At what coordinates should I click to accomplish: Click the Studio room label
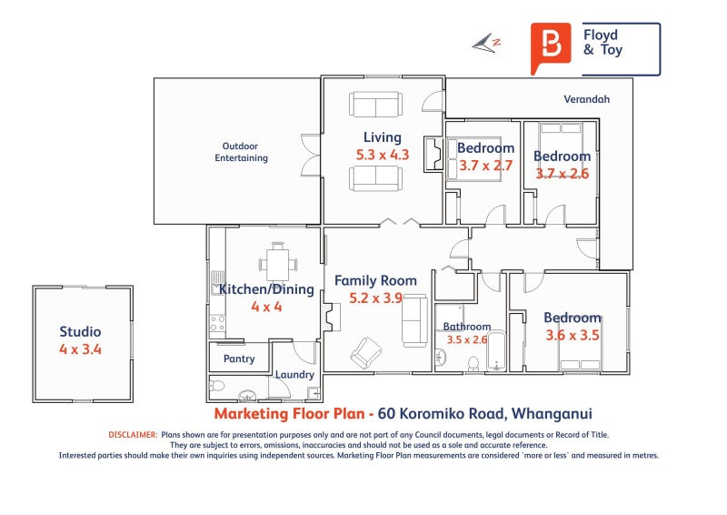click(x=80, y=331)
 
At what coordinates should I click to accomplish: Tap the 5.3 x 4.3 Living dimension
click(x=383, y=155)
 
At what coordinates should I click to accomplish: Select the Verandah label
click(x=586, y=99)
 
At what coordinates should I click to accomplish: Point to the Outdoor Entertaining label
click(x=241, y=152)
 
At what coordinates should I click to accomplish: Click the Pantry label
click(x=239, y=358)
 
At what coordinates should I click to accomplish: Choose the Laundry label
click(x=294, y=374)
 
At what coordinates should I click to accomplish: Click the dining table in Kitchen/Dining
click(x=278, y=264)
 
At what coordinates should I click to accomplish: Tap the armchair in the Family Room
click(x=366, y=352)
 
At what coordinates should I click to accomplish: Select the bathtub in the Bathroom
click(x=496, y=351)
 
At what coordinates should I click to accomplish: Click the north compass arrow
click(x=486, y=43)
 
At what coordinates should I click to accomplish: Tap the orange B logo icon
click(x=551, y=48)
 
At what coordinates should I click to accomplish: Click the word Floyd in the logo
click(x=601, y=35)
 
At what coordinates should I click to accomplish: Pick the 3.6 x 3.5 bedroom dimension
click(x=573, y=335)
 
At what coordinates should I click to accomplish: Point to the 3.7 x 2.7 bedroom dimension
click(x=485, y=166)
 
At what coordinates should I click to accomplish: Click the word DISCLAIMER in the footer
click(x=133, y=435)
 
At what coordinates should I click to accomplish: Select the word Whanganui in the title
click(x=552, y=413)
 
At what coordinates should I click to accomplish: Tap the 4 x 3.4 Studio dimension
click(x=80, y=349)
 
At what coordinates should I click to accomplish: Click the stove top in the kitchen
click(x=217, y=323)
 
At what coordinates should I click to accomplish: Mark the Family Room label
click(x=375, y=280)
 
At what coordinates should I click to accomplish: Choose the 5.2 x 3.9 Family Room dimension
click(x=375, y=298)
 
